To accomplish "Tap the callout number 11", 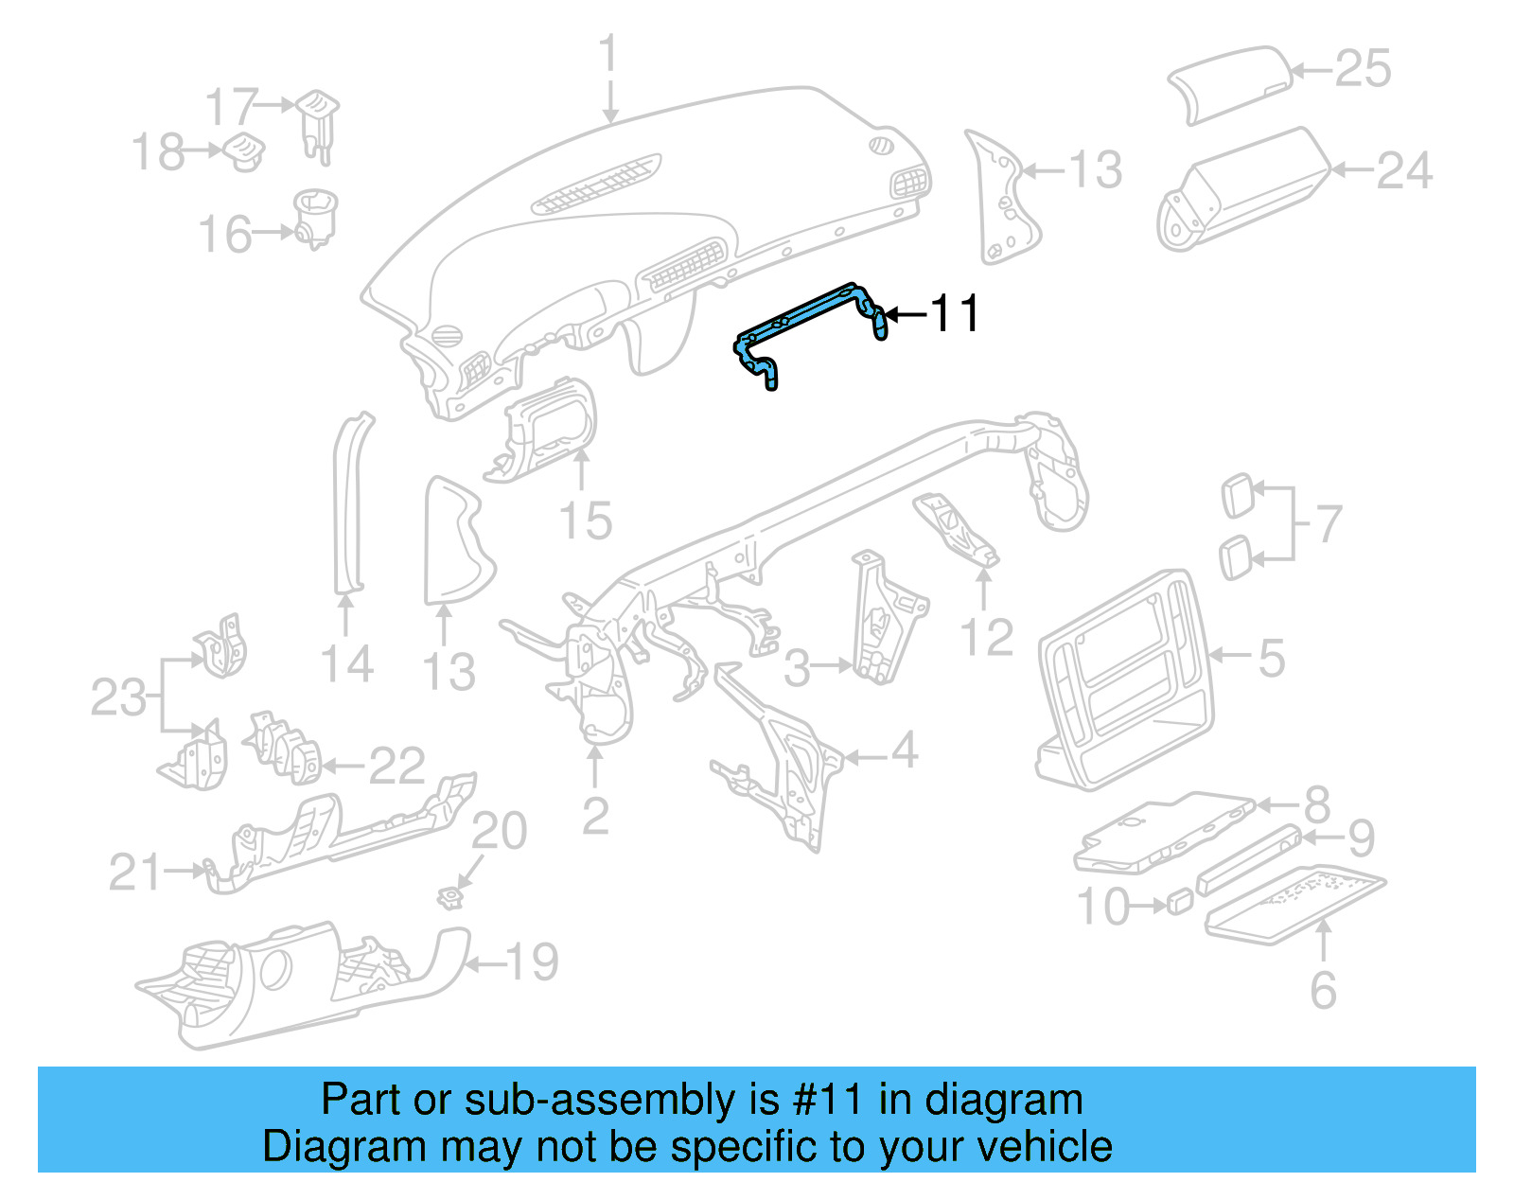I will [x=956, y=313].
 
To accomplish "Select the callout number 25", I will [x=1363, y=69].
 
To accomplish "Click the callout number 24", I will [x=1404, y=171].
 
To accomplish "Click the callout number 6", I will [x=1323, y=990].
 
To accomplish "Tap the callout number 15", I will [x=586, y=520].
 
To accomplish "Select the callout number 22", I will [x=397, y=766].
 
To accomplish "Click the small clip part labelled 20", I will [x=452, y=894].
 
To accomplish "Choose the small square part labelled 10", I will [x=1179, y=901].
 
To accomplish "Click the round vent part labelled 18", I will [x=244, y=151].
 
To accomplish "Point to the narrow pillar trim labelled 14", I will [x=351, y=502].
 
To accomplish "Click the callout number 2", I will [x=594, y=816].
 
